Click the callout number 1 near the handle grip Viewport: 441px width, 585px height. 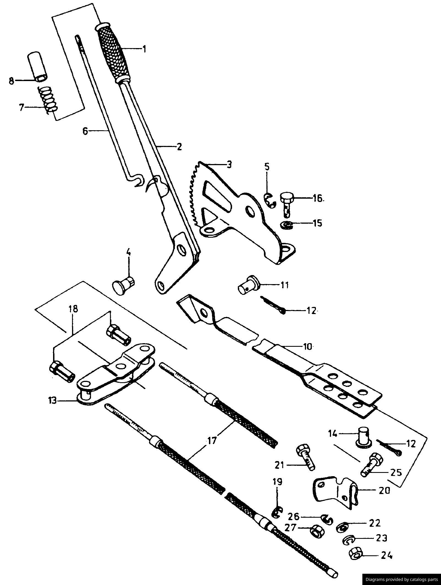point(144,49)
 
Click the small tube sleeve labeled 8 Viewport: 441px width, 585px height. point(37,66)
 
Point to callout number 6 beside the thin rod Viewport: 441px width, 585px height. point(85,131)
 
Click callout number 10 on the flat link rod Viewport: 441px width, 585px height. point(308,346)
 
